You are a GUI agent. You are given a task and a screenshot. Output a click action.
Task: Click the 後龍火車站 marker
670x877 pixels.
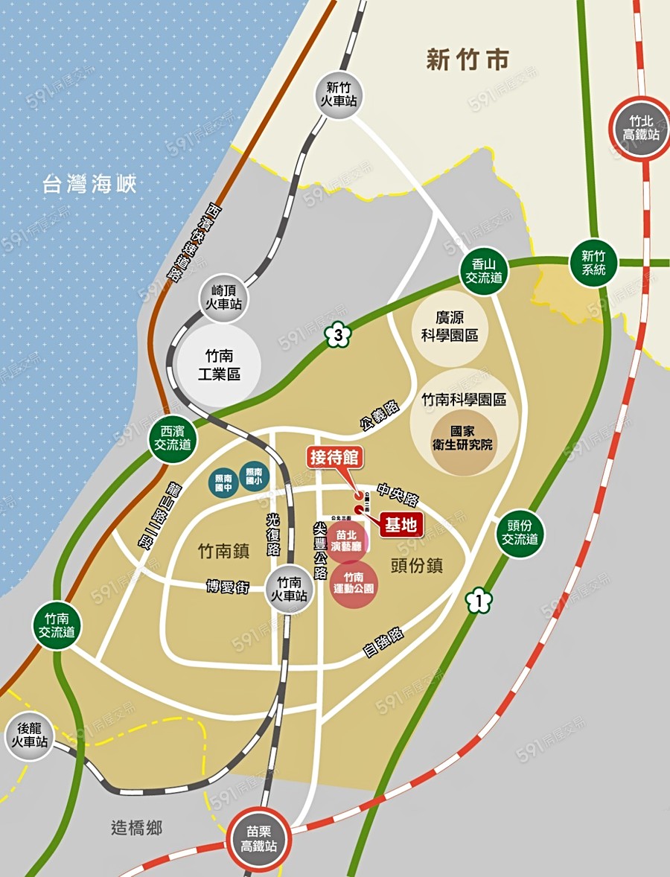(x=29, y=735)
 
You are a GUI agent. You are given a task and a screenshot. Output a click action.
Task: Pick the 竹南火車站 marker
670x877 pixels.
(x=287, y=588)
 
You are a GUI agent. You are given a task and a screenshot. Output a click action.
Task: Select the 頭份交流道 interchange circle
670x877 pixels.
(x=520, y=532)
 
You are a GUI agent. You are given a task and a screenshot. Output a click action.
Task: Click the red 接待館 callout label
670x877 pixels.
(x=335, y=456)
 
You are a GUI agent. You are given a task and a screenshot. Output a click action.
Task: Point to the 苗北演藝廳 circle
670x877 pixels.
(x=347, y=541)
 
